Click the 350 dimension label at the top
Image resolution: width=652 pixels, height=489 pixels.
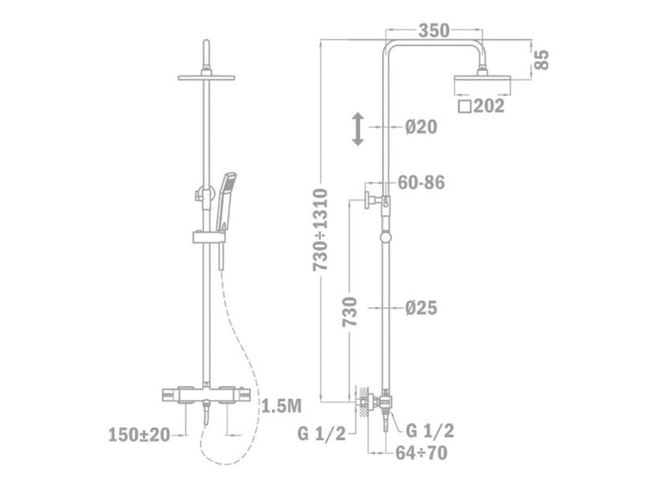point(434,31)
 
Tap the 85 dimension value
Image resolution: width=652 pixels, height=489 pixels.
point(541,59)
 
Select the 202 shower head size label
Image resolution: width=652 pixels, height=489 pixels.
point(489,106)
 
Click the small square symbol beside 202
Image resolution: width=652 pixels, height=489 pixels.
point(465,106)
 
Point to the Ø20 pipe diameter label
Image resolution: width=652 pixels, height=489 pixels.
point(421,127)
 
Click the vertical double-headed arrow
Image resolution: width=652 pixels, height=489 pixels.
point(358,130)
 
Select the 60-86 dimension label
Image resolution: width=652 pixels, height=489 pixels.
point(421,182)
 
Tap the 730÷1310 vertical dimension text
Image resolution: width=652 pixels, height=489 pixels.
point(320,230)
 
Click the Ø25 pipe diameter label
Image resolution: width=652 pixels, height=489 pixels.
point(421,308)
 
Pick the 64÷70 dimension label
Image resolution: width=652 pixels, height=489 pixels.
point(421,453)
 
